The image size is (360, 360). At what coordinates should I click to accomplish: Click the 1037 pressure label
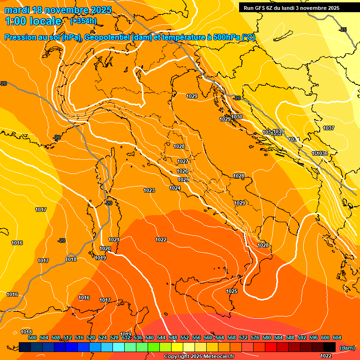tap(329, 128)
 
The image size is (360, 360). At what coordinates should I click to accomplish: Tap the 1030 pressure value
tap(237, 117)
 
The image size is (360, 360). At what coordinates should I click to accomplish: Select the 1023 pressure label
tap(149, 190)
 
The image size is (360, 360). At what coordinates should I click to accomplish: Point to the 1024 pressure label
tap(175, 188)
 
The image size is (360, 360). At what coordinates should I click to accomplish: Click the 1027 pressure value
tap(183, 161)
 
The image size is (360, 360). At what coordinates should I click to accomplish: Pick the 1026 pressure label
tap(182, 171)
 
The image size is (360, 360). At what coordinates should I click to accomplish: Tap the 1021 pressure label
tap(114, 240)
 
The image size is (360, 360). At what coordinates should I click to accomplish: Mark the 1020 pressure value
tap(105, 248)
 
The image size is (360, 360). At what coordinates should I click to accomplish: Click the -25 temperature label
tap(343, 30)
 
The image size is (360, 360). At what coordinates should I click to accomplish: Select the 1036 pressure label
tap(322, 153)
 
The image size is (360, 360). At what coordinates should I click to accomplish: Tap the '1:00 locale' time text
tap(33, 21)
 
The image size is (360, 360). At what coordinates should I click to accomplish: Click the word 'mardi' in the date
tap(17, 10)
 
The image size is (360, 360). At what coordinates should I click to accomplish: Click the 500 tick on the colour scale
tap(32, 337)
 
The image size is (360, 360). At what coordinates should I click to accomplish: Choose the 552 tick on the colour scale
tap(185, 337)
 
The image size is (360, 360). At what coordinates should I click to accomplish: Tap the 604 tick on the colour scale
tap(337, 337)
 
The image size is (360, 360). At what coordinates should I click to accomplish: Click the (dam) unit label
tap(347, 347)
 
